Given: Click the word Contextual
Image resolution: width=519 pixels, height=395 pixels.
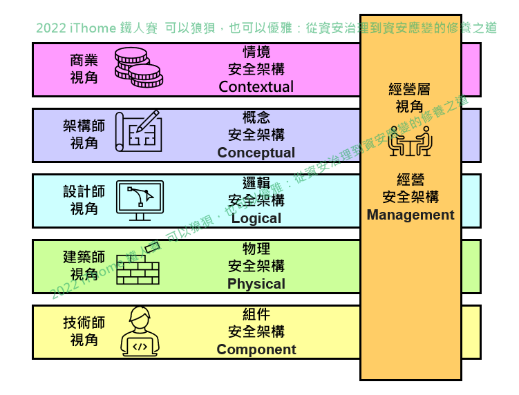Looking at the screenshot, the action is click(x=256, y=87).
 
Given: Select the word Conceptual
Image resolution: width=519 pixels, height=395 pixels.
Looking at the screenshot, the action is click(x=256, y=153).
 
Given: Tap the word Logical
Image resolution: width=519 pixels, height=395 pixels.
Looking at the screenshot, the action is click(x=256, y=218).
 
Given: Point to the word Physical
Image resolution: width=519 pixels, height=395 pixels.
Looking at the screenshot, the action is click(x=256, y=284).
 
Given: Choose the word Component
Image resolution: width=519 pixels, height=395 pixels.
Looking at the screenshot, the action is click(x=256, y=349).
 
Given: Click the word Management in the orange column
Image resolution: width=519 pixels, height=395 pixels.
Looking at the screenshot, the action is click(x=411, y=215).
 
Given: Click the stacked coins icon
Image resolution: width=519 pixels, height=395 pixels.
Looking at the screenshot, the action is click(x=138, y=68).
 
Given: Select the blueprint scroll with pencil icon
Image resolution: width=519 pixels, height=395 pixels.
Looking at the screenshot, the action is click(x=138, y=131).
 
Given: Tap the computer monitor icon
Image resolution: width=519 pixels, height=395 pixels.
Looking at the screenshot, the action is click(x=140, y=200).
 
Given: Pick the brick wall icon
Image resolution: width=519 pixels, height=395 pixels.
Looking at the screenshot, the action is click(x=138, y=269).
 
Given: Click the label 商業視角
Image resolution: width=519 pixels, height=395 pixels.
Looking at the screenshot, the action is click(x=84, y=69).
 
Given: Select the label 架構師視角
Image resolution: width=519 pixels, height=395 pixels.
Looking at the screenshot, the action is click(x=84, y=135).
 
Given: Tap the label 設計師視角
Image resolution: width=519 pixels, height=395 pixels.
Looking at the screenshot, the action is click(x=84, y=200).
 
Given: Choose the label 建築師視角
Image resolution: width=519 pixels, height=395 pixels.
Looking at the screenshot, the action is click(x=84, y=266).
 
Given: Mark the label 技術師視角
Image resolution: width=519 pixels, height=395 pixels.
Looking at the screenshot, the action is click(x=84, y=331).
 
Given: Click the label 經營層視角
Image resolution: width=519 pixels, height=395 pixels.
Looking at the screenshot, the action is click(x=410, y=98).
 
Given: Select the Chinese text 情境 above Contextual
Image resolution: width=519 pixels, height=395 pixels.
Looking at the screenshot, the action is click(x=256, y=52).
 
